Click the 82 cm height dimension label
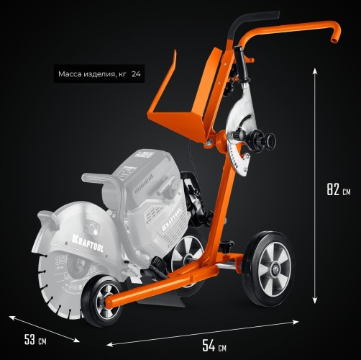pos(339,189)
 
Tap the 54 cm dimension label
pos(214,346)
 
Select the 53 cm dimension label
pos(35,340)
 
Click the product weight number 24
pos(136,74)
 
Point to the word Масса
pos(70,74)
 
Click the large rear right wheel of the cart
pos(268,269)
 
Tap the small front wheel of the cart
pos(103,302)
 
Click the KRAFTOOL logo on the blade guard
pos(88,243)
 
